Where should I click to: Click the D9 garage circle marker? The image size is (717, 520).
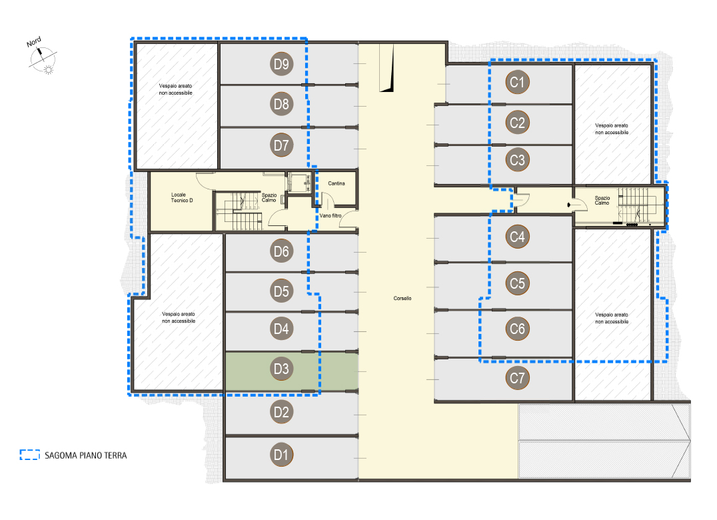(x=281, y=64)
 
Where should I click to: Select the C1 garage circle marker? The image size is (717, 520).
(x=517, y=82)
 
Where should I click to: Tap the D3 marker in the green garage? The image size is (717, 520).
(x=281, y=369)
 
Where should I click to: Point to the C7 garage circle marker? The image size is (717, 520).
(x=517, y=378)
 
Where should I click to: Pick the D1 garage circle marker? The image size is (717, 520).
(x=281, y=455)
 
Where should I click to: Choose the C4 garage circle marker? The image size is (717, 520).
(x=517, y=237)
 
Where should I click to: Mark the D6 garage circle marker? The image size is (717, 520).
(x=281, y=251)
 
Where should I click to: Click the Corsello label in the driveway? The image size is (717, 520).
(x=402, y=298)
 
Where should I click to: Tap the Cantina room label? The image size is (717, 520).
(x=337, y=183)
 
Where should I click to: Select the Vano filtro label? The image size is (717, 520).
(x=331, y=216)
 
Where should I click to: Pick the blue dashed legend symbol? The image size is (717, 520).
(x=30, y=455)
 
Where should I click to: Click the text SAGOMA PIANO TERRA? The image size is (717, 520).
(x=85, y=455)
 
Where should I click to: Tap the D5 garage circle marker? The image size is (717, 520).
(x=281, y=291)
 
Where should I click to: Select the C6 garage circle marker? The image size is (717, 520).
(x=517, y=329)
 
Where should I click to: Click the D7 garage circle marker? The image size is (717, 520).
(x=281, y=145)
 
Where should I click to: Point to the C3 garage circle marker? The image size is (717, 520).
(x=517, y=160)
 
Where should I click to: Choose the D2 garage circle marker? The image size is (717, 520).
(x=281, y=412)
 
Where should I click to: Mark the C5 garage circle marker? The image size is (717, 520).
(x=517, y=283)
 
